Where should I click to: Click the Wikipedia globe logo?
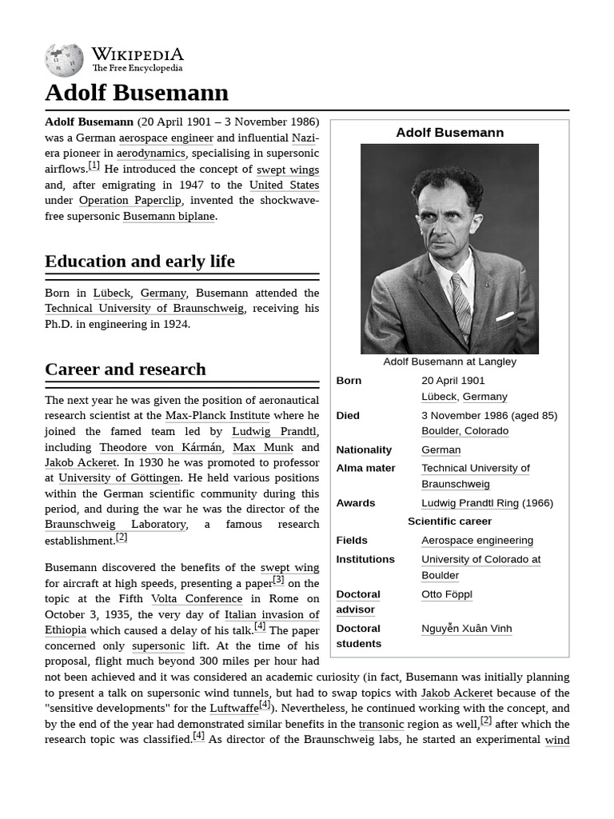pos(64,61)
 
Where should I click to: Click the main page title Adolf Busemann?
pos(137,93)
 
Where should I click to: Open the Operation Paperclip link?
pos(130,201)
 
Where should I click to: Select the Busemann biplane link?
pos(169,216)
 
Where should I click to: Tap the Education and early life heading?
pos(140,262)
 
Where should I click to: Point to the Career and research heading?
pos(126,370)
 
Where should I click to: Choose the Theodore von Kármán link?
pos(161,447)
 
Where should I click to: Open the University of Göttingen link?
pos(119,478)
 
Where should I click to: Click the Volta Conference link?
pos(197,599)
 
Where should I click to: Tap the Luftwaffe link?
pos(234,709)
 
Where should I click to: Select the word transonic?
pos(381,724)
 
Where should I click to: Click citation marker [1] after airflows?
pos(94,166)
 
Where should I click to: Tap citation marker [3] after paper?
pos(278,580)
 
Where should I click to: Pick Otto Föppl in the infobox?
pos(446,594)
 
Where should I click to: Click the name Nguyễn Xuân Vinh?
pos(466,629)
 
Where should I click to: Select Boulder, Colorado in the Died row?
pos(464,431)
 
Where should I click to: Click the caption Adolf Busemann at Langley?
pos(449,362)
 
